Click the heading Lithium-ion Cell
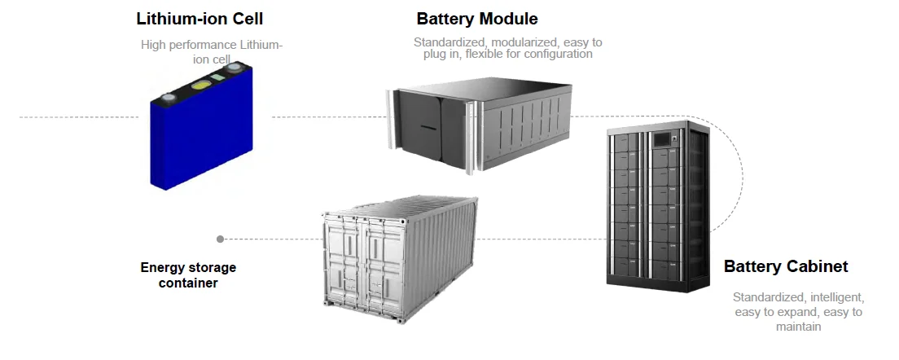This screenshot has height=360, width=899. click(x=201, y=17)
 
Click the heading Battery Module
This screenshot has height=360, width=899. click(x=477, y=19)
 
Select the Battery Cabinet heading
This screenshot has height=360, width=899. click(x=786, y=266)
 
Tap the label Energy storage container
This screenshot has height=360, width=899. click(x=188, y=275)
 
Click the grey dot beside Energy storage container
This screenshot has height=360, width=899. click(x=220, y=239)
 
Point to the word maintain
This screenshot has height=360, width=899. click(x=797, y=327)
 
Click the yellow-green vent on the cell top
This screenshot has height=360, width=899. click(x=200, y=84)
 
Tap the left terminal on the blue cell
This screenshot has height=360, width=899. click(x=169, y=98)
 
